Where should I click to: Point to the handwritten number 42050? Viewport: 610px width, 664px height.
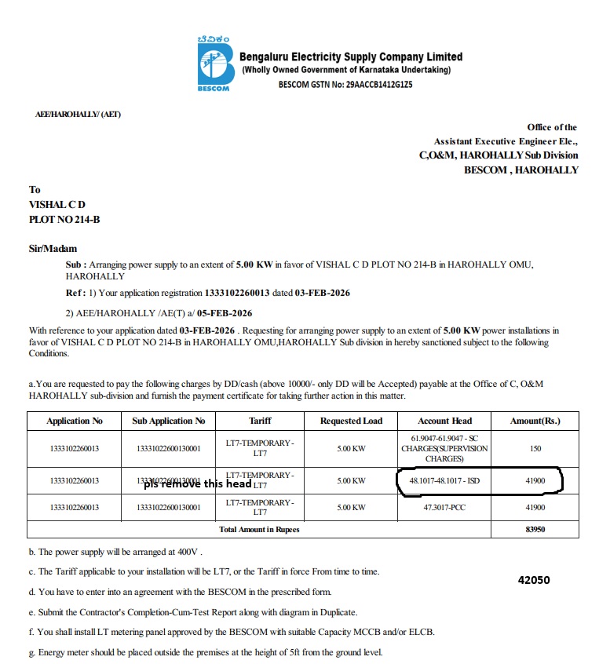(534, 581)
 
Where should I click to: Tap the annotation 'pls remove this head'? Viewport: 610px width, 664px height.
(197, 484)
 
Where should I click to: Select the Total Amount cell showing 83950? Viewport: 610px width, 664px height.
(534, 530)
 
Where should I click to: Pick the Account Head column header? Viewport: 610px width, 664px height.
(444, 421)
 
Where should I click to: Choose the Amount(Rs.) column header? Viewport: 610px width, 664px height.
(535, 421)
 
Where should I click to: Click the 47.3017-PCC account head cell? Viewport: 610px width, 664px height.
(444, 508)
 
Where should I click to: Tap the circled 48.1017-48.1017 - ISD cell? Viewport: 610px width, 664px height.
(444, 480)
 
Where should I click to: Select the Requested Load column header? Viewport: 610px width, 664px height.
(351, 421)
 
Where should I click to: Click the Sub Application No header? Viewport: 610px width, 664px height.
(169, 421)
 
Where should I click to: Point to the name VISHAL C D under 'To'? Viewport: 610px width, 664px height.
(57, 205)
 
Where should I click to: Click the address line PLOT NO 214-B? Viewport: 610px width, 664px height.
(64, 219)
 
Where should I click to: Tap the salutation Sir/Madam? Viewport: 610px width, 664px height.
(53, 249)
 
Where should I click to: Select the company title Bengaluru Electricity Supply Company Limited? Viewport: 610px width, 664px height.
(350, 57)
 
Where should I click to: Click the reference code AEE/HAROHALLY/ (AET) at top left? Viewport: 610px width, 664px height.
(79, 115)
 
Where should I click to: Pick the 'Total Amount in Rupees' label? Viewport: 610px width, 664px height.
(259, 530)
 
